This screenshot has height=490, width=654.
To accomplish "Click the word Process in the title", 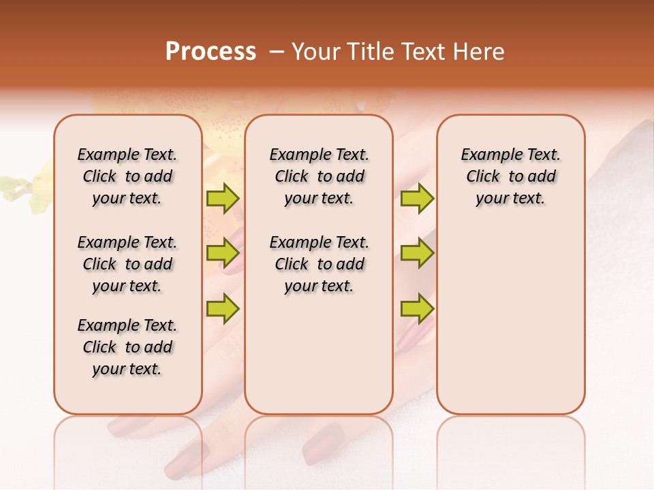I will click(x=211, y=52).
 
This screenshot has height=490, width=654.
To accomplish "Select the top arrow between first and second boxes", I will click(x=222, y=199).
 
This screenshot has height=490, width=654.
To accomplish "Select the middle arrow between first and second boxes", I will click(x=222, y=253).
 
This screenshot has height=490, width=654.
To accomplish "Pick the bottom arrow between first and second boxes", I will click(x=222, y=308).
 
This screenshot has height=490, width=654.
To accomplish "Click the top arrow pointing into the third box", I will click(x=417, y=199).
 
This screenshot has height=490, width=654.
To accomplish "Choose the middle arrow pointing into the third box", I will click(x=417, y=253).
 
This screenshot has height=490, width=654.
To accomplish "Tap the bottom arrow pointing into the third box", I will click(x=417, y=308).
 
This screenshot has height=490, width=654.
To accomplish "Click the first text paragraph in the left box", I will click(x=127, y=176).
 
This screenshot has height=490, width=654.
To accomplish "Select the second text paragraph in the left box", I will click(x=127, y=264).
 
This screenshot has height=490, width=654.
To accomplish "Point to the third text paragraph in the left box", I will click(x=127, y=347).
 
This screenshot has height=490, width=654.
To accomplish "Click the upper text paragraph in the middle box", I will click(x=319, y=176).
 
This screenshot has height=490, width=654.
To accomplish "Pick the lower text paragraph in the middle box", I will click(x=319, y=264).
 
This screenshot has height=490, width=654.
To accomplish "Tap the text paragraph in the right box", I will click(x=510, y=176).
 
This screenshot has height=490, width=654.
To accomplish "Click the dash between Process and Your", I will click(x=277, y=52).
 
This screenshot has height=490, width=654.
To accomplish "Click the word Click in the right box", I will click(x=483, y=177).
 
